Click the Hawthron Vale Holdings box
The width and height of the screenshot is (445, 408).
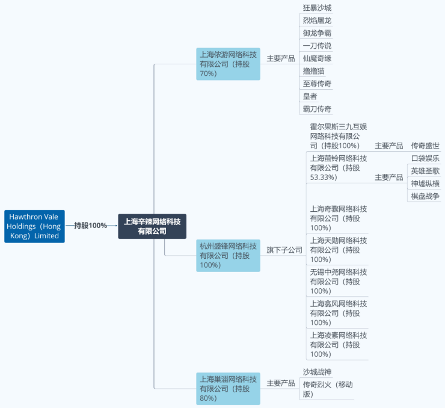click(x=34, y=226)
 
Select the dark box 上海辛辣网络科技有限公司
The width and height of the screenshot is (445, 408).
click(x=152, y=226)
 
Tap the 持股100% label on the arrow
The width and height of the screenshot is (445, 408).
click(x=91, y=226)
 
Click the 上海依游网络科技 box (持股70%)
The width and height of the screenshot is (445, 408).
click(x=228, y=64)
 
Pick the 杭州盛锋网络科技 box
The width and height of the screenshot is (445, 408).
click(x=228, y=256)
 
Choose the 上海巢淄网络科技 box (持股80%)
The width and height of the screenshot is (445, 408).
click(x=228, y=389)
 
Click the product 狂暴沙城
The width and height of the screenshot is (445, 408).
click(x=317, y=8)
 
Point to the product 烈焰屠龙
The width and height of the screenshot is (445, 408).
click(x=317, y=20)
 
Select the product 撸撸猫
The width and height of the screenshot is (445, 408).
click(x=313, y=71)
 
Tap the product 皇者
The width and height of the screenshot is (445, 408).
click(x=310, y=96)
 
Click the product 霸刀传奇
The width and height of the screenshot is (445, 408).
click(x=317, y=109)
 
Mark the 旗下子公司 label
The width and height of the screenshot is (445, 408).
click(x=284, y=250)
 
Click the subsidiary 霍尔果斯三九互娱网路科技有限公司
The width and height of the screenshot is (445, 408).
click(x=339, y=136)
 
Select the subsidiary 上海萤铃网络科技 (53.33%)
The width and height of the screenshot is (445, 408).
click(x=339, y=168)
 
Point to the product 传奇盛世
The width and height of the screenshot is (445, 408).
click(x=425, y=146)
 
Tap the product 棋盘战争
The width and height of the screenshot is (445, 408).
click(x=425, y=196)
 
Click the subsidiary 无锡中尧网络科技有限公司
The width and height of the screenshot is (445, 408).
click(x=339, y=282)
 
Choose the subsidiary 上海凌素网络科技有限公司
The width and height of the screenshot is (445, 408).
click(x=339, y=345)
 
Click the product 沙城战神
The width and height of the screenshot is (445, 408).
click(x=317, y=372)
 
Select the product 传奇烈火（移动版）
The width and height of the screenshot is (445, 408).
click(x=328, y=389)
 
